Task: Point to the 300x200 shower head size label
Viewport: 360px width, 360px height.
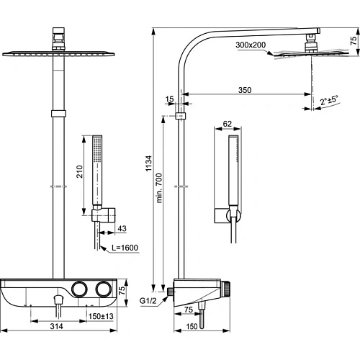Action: (251, 45)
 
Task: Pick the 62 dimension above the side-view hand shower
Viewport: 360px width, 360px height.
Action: (228, 125)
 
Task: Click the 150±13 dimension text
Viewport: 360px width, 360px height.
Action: (102, 315)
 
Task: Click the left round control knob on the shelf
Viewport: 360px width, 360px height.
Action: (79, 289)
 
